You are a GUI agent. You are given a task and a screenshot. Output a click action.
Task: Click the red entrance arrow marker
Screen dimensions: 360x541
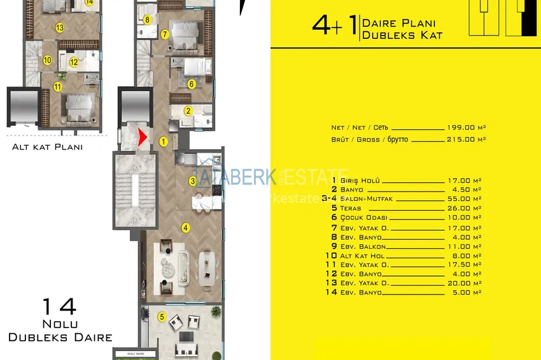click(143, 136)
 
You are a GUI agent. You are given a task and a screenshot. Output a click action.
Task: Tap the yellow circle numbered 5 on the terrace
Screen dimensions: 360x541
click(162, 316)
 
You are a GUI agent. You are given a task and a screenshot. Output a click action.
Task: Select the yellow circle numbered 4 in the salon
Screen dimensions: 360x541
click(185, 227)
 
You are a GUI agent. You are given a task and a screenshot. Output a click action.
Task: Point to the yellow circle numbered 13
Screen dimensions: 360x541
click(59, 27)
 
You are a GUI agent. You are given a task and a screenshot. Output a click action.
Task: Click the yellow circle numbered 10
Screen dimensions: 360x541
click(47, 60)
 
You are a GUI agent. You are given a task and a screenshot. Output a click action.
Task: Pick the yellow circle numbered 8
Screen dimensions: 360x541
click(147, 20)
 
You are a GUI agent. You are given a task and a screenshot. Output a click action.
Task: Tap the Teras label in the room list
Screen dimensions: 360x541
click(351, 208)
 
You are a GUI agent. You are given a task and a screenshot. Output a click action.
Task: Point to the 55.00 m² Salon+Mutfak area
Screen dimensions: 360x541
click(463, 199)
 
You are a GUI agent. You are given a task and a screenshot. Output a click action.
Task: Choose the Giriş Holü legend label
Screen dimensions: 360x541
click(360, 181)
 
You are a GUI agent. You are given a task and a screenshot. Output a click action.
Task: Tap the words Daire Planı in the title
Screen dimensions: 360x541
click(398, 23)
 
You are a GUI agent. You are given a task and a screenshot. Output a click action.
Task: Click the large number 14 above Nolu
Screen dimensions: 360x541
click(59, 307)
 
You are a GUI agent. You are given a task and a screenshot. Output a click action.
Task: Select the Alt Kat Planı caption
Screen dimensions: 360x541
click(48, 147)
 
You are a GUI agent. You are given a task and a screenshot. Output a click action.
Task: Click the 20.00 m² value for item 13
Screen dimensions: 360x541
click(463, 283)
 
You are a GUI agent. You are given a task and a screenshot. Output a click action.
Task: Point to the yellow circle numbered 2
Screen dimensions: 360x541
click(188, 111)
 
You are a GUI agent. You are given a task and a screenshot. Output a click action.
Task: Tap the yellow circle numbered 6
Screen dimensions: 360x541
click(191, 83)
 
